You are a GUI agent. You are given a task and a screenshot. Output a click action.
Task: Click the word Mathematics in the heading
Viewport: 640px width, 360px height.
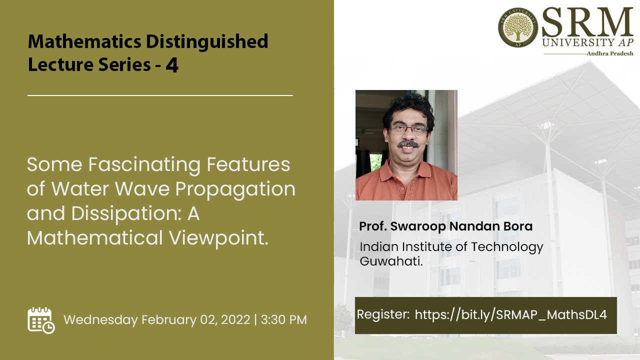click(84, 41)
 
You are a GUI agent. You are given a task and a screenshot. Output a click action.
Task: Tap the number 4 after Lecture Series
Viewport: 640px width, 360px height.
click(172, 65)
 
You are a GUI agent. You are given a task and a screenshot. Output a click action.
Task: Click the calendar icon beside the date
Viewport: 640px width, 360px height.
click(41, 320)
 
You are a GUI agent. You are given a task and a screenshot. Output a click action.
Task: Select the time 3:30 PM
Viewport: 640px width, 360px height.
click(283, 319)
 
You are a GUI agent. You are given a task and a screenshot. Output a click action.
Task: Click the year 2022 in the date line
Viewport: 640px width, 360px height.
click(235, 319)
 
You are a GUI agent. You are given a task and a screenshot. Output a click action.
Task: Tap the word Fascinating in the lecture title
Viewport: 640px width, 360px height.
click(144, 165)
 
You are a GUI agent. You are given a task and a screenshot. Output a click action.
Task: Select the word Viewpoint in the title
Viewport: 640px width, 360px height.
click(218, 238)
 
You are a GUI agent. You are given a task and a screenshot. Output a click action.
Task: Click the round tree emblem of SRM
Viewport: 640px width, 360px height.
click(517, 27)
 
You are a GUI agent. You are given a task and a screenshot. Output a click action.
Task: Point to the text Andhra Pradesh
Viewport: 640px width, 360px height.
click(610, 53)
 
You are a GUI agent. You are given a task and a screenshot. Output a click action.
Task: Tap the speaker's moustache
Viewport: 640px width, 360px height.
click(408, 144)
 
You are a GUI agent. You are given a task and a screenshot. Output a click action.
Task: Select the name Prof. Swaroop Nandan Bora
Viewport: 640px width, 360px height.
click(445, 226)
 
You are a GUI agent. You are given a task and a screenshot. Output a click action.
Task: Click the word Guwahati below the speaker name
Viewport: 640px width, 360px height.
click(391, 261)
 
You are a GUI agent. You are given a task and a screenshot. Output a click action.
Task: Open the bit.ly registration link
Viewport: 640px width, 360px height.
click(510, 315)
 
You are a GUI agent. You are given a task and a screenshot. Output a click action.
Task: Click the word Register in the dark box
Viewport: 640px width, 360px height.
click(383, 315)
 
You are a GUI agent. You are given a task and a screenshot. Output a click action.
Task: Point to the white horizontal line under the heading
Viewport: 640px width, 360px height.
click(160, 95)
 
